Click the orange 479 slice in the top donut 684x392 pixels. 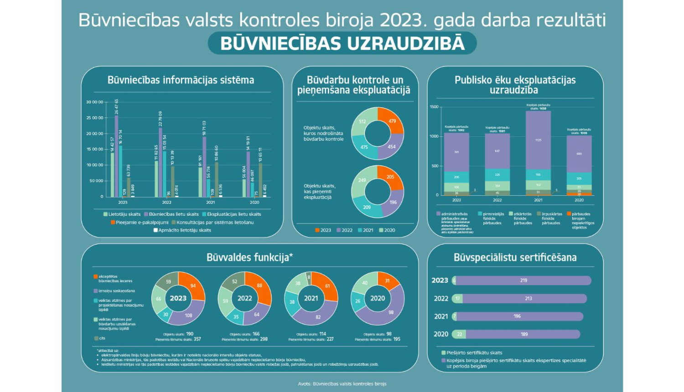[x=391, y=121]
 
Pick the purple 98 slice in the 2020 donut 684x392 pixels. [x=390, y=312]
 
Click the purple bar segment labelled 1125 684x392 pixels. [x=538, y=140]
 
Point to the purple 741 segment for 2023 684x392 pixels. [x=456, y=152]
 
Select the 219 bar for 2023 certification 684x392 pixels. [x=523, y=280]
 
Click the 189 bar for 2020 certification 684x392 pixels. [x=524, y=334]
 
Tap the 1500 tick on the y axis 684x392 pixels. [x=434, y=107]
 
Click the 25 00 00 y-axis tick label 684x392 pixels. [x=95, y=118]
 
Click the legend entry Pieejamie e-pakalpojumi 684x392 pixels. [x=139, y=222]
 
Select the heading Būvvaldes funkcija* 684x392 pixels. [x=249, y=258]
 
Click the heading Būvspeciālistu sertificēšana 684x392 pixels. [x=515, y=258]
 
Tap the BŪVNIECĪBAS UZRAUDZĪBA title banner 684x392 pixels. [x=342, y=44]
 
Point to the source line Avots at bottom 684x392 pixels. [x=342, y=384]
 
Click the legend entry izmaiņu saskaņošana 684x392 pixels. [x=116, y=291]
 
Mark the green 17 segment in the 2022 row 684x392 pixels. [x=458, y=299]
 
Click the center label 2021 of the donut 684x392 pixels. [x=311, y=298]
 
